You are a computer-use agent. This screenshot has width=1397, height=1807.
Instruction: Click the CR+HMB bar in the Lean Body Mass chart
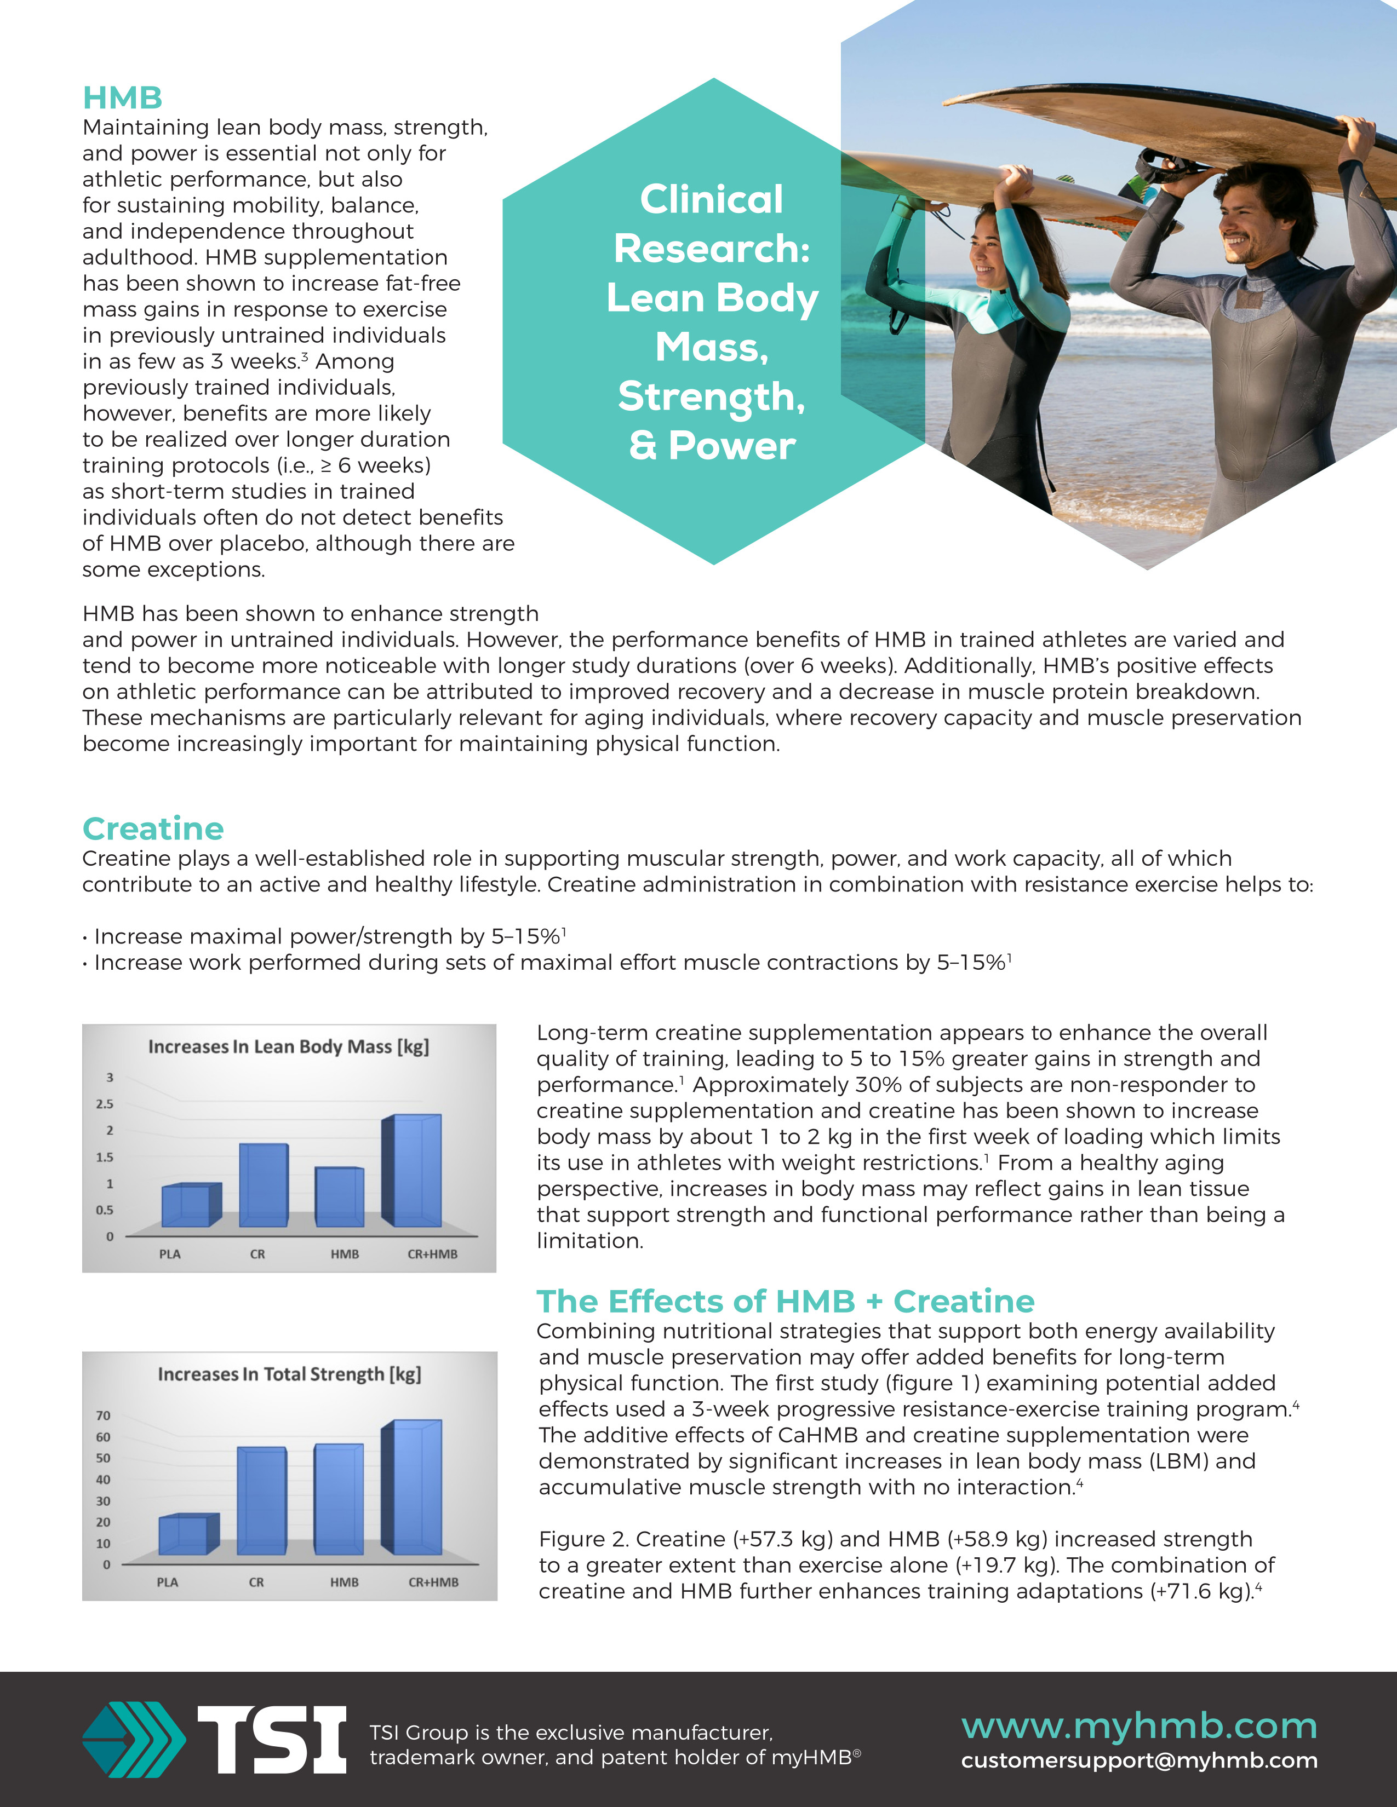click(416, 1171)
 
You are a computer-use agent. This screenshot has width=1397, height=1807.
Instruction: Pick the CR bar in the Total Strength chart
click(261, 1501)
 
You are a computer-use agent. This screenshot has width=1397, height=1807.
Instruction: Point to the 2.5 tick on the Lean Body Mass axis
click(104, 1104)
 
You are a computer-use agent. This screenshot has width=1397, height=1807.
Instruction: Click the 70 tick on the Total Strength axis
click(102, 1415)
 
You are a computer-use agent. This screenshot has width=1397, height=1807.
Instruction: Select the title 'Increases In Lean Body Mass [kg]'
click(289, 1046)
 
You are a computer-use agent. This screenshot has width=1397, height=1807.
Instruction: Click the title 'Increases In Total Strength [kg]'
click(290, 1374)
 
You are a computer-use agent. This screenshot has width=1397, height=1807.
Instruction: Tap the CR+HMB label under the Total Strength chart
click(433, 1582)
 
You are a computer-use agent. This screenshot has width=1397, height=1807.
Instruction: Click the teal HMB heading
click(123, 97)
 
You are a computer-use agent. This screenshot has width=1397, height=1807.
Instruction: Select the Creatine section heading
click(153, 828)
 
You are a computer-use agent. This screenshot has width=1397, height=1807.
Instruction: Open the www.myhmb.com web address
click(1139, 1726)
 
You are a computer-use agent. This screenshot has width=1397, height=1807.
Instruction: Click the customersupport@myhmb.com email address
click(1139, 1760)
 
